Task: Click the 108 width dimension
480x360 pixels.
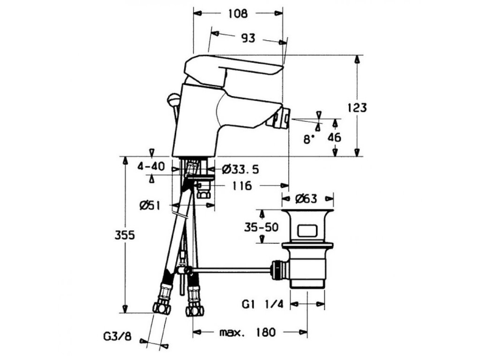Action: (x=238, y=14)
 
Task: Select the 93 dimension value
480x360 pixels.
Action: (x=248, y=38)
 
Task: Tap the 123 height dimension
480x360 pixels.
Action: (x=357, y=107)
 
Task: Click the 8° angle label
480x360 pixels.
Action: (x=308, y=139)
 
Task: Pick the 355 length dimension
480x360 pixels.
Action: (x=125, y=235)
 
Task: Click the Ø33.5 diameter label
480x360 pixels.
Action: (x=240, y=168)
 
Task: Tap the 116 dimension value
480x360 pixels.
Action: (x=241, y=186)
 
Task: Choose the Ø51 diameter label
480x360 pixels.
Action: (x=152, y=205)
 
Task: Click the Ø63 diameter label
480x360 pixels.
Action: (x=307, y=199)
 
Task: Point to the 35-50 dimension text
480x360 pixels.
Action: (x=261, y=227)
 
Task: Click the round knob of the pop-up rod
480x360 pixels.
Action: (x=173, y=98)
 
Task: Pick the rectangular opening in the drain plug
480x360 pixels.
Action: (x=307, y=231)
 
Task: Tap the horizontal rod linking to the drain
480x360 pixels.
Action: (x=230, y=269)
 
